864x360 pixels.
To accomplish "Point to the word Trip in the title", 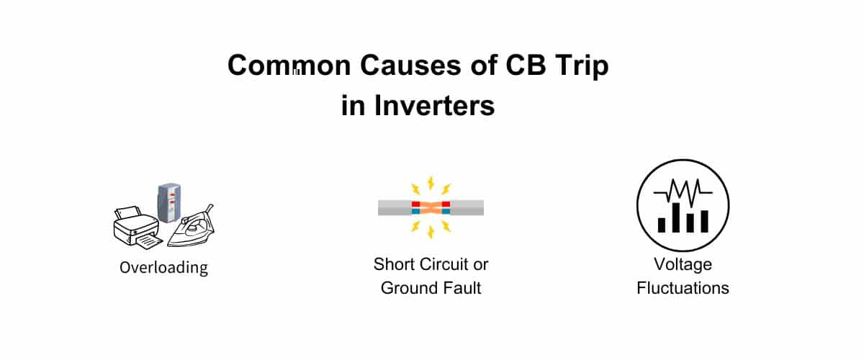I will point(580,66).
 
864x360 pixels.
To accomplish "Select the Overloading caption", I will point(163,268).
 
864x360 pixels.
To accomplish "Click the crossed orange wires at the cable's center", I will point(431,208).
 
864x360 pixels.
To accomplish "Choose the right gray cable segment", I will point(467,208).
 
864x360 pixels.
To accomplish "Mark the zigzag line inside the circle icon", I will point(683,192).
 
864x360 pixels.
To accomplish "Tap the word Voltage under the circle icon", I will point(683,264).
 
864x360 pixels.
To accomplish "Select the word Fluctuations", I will point(683,289).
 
